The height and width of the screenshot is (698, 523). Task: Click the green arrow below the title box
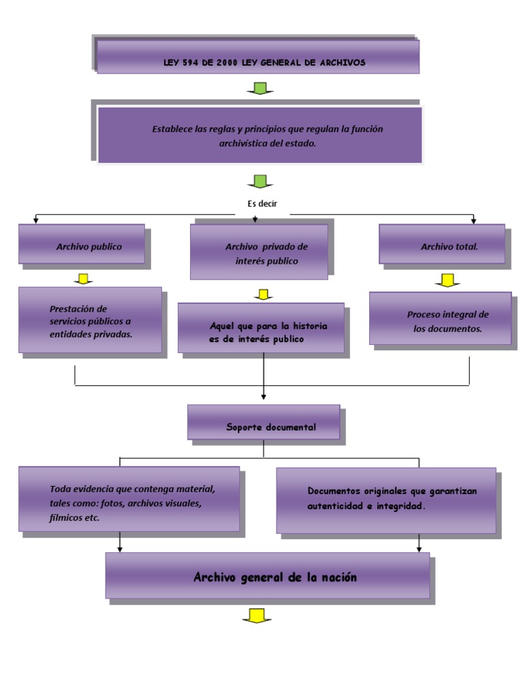click(x=260, y=89)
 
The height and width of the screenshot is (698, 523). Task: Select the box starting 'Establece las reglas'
click(x=259, y=135)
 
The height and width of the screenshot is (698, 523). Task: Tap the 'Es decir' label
click(x=262, y=203)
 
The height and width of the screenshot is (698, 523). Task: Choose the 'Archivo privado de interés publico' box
click(x=258, y=252)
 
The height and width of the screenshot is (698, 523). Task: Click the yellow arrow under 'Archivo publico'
click(x=82, y=279)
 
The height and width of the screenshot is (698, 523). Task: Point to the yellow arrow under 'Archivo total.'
click(x=447, y=280)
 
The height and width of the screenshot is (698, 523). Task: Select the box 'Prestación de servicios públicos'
click(x=90, y=320)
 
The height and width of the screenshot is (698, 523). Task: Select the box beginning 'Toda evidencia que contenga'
click(x=129, y=500)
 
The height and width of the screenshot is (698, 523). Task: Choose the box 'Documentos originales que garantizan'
click(x=385, y=500)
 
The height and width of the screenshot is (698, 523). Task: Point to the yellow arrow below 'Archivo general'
click(x=256, y=616)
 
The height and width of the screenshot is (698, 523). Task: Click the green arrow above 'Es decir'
click(x=260, y=181)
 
